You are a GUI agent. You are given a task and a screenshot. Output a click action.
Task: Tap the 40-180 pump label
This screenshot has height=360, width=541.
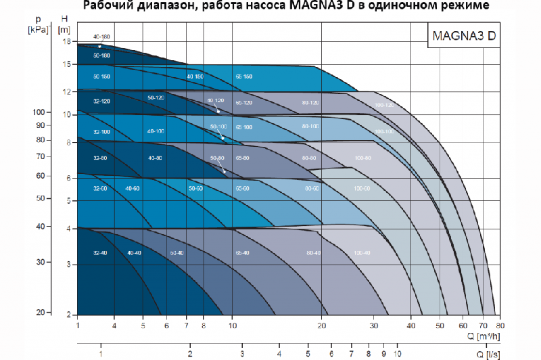pyautogui.click(x=102, y=36)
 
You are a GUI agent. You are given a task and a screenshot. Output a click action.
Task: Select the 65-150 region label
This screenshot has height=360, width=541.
pyautogui.click(x=243, y=76)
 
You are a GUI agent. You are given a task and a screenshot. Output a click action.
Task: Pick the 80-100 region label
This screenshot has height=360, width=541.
pyautogui.click(x=310, y=127)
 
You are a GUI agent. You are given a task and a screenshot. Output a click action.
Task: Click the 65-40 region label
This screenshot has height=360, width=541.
pyautogui.click(x=242, y=252)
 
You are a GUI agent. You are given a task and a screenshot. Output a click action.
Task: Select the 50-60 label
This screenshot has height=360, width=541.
pyautogui.click(x=195, y=189)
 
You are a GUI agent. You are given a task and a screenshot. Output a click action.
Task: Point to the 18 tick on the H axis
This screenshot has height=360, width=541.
pyautogui.click(x=66, y=41)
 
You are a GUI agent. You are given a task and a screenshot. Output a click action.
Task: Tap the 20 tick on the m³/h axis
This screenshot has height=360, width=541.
pyautogui.click(x=323, y=325)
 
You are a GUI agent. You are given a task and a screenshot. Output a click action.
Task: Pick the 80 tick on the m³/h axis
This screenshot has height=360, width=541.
pyautogui.click(x=499, y=325)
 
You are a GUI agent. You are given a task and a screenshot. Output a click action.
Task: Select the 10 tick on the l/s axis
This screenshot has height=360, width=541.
pyautogui.click(x=398, y=353)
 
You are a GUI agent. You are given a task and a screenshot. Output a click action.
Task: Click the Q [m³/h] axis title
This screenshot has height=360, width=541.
pyautogui.click(x=484, y=336)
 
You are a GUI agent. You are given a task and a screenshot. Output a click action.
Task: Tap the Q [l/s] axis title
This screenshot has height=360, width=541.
pyautogui.click(x=488, y=354)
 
